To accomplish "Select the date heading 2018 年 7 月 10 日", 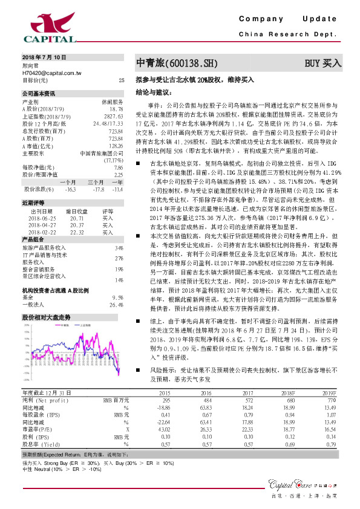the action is [44, 56].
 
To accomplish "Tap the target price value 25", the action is [121, 80].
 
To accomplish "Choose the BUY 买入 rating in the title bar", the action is [322, 63].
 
